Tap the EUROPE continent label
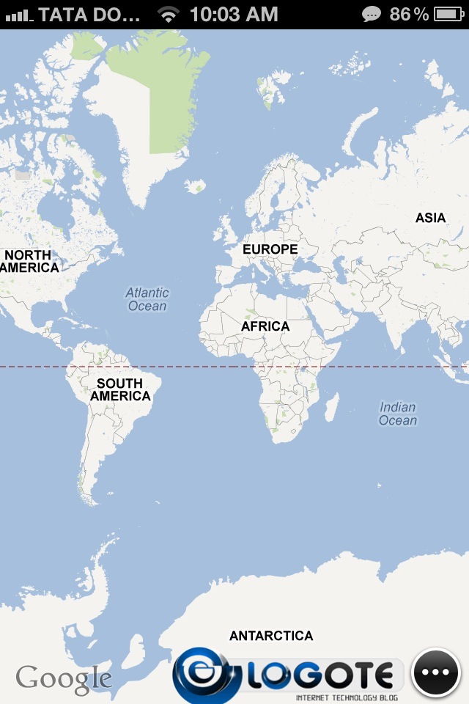click(x=270, y=249)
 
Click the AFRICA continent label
click(x=265, y=326)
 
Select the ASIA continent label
click(x=430, y=218)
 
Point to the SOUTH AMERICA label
click(x=120, y=389)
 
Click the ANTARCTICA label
click(x=271, y=636)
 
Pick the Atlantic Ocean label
click(x=147, y=299)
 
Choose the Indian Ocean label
click(x=398, y=414)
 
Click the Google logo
click(x=63, y=679)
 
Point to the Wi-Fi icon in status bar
click(x=169, y=14)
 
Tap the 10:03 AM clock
click(x=234, y=14)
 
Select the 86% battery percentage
click(x=409, y=14)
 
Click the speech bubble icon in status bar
click(x=372, y=14)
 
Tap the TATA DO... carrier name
click(x=89, y=14)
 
